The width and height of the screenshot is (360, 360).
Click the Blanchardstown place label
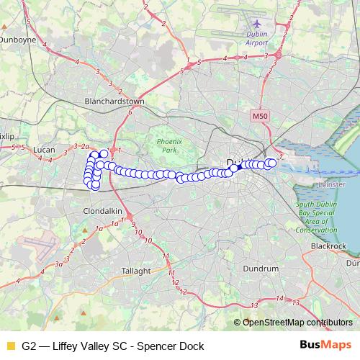pos(115,102)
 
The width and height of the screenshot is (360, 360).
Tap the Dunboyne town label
pos(17,42)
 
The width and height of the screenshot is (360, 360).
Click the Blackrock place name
pos(328,246)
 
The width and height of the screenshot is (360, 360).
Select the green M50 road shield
pos(260,115)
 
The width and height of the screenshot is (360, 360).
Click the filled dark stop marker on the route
pos(233,168)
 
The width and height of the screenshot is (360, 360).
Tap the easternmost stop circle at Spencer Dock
pos(272,163)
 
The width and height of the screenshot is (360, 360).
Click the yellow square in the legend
pos(9,346)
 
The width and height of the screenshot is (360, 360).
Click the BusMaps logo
pos(325,346)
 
